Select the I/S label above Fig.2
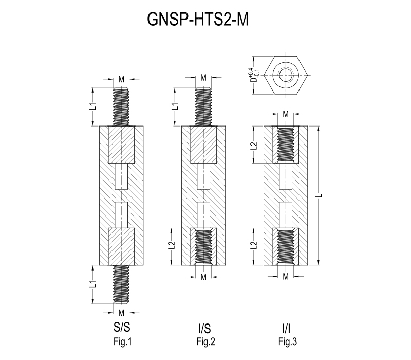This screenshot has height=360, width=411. pos(203,328)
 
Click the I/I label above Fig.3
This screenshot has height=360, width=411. pos(285,328)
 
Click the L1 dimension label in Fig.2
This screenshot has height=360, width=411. pos(175,106)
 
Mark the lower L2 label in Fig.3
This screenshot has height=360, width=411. pos(253,246)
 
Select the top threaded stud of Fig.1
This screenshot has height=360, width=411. pos(121,107)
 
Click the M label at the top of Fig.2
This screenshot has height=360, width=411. pos(203,78)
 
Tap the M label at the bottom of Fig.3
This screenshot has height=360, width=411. pos(286,277)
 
